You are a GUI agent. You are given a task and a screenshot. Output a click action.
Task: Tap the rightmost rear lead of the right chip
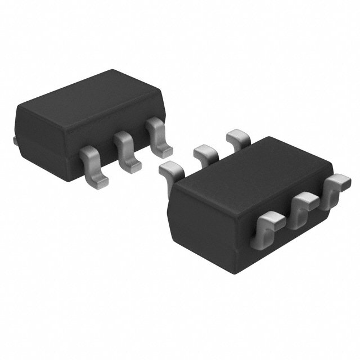tap(237, 137)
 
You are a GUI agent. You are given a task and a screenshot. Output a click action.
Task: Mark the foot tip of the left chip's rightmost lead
tap(165, 150)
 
